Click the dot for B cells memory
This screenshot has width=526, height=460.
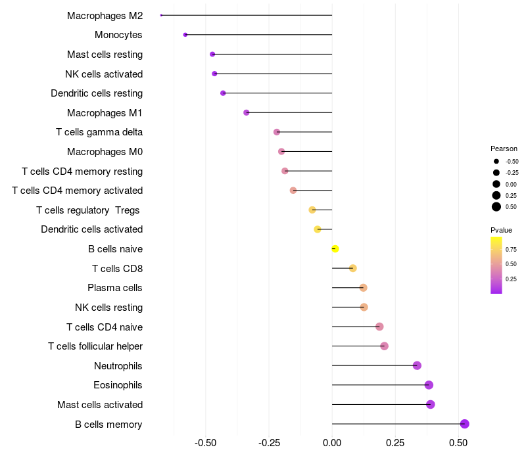[x=464, y=424]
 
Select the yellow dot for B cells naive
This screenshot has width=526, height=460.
[x=335, y=249]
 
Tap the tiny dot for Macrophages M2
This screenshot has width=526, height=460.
[x=161, y=15]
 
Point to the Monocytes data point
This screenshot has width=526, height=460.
[x=185, y=35]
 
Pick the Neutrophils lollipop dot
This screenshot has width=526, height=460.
[x=417, y=365]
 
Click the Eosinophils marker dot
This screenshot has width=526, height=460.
[x=429, y=385]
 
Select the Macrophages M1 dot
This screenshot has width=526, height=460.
[x=247, y=112]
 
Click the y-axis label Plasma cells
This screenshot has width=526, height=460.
[x=115, y=288]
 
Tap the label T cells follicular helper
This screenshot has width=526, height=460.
[x=95, y=346]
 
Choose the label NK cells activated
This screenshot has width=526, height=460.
[x=104, y=74]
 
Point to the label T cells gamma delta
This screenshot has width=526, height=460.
[x=99, y=132]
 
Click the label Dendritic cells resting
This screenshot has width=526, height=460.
[x=97, y=93]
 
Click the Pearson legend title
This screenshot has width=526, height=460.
[x=504, y=149]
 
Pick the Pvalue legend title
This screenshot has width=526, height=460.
[x=501, y=230]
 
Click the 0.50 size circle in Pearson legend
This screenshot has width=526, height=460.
[x=496, y=207]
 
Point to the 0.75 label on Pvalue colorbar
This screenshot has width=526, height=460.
[x=511, y=250]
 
